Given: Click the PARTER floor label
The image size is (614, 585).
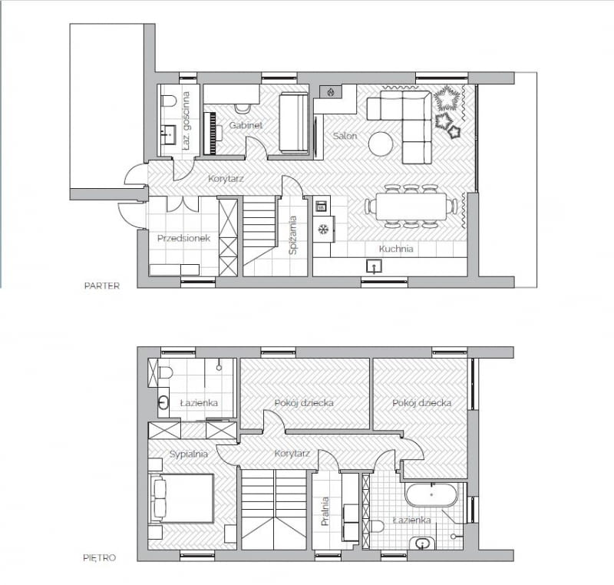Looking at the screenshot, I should click(x=101, y=286).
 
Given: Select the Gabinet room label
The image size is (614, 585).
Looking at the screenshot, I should click(x=246, y=124).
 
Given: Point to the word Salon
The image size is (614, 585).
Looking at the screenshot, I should click(x=345, y=136).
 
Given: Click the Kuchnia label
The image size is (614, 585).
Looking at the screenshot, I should click(x=396, y=249).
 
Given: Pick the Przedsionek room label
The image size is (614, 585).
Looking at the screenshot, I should click(x=183, y=238).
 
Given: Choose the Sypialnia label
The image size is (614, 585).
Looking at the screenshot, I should click(x=189, y=454).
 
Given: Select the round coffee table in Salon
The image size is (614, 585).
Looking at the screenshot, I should click(x=381, y=144).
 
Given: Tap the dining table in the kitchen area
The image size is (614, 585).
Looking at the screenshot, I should click(x=411, y=206).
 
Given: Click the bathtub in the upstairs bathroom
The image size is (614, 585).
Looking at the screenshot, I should click(x=431, y=495).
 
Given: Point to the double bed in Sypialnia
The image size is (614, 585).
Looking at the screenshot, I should click(x=182, y=498).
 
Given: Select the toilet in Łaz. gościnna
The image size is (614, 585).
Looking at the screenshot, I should click(x=169, y=99).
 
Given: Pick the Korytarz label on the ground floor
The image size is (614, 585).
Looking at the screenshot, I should click(x=227, y=179).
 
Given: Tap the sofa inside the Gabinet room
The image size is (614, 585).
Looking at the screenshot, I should click(x=294, y=123).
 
